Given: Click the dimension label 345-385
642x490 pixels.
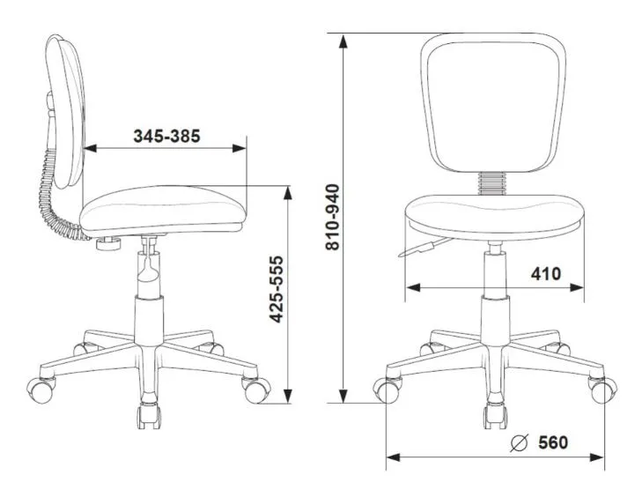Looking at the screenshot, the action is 166,136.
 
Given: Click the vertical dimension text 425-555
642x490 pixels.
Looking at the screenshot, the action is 277,289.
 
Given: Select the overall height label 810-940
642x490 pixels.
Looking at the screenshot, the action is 333,217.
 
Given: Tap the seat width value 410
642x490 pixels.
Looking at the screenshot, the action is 546,274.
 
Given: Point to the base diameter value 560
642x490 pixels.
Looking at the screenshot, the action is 553,442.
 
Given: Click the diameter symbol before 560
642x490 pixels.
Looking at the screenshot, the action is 520,442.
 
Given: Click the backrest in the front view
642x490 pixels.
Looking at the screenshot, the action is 493,102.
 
